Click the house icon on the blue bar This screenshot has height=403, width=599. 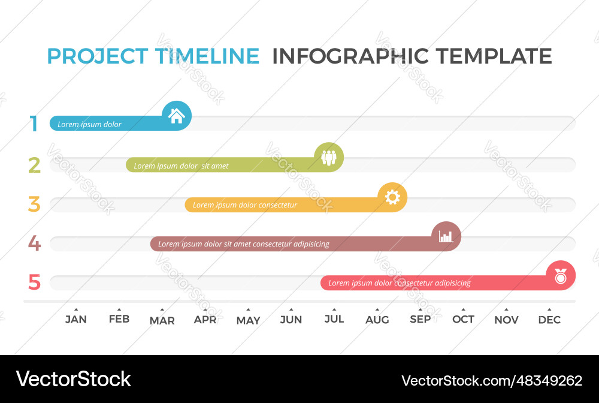pos(177,116)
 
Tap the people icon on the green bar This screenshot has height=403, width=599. pos(329,157)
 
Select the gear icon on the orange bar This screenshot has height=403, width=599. pos(392,197)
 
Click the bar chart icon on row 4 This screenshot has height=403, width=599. pos(446,236)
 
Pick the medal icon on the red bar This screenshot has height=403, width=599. pos(560,276)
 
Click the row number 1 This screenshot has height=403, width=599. pos(34,124)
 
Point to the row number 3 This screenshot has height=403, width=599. pos(34,204)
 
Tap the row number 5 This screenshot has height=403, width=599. pos(34,282)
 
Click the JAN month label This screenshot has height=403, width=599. pos(76,320)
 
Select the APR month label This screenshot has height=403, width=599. pos(205,320)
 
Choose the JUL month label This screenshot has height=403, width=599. pos(334,320)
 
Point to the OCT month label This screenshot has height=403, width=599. pos(463,320)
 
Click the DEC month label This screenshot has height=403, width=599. pos(549,320)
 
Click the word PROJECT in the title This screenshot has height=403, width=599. pos(97,56)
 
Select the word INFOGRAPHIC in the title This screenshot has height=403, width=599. pos(350,56)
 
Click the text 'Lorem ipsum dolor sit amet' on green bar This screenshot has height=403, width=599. pos(181,166)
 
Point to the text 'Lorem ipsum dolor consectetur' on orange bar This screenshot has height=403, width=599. pos(244,205)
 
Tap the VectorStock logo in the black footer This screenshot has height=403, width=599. pos(73,379)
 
